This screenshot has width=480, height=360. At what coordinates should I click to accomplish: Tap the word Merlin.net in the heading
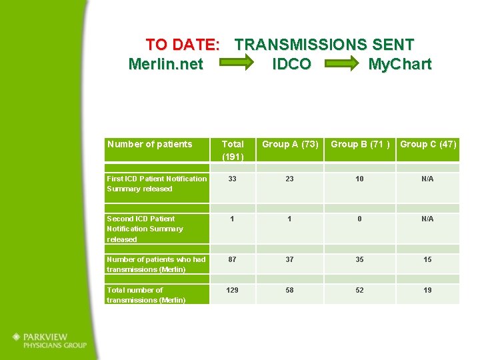tap(165, 65)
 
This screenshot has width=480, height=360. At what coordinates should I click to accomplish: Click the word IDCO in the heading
tap(291, 65)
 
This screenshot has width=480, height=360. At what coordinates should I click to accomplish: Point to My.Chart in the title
tap(399, 65)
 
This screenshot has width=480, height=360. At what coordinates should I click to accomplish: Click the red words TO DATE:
tap(183, 45)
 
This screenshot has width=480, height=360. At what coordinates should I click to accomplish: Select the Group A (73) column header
tap(290, 144)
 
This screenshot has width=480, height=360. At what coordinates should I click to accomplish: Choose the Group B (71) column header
tap(360, 144)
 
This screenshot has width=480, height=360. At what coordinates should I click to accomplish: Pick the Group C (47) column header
tap(428, 144)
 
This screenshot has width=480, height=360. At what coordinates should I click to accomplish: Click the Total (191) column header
tap(233, 150)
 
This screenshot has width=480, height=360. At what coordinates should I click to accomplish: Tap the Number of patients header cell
tap(149, 144)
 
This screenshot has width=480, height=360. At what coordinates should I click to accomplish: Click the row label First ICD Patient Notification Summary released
tap(157, 183)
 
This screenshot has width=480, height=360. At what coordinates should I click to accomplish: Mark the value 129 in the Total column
tap(233, 290)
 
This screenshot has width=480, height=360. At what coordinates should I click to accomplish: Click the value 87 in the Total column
tap(233, 259)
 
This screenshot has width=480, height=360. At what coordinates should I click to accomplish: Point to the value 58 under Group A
tap(290, 290)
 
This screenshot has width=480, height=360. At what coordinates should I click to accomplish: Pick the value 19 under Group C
tap(427, 290)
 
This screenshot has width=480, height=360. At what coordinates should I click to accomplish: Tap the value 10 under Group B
tap(360, 179)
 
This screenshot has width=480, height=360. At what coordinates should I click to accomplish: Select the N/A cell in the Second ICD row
tap(427, 219)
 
